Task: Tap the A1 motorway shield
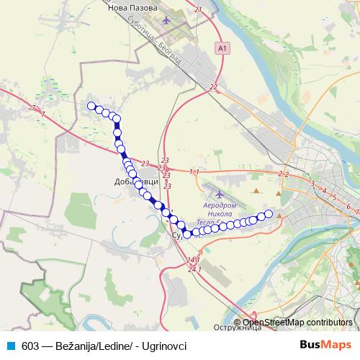[222, 48]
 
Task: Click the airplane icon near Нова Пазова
[168, 19]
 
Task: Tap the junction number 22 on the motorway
[214, 87]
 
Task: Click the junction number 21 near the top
[198, 10]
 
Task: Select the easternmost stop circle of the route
[269, 213]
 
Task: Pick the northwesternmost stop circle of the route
[91, 106]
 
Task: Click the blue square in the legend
[9, 346]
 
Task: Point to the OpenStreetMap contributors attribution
[297, 323]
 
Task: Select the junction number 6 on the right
[348, 207]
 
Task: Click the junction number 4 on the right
[325, 191]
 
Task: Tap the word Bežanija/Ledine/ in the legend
[90, 346]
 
